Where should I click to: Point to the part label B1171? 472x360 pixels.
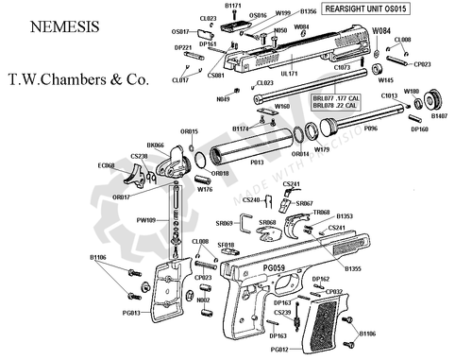(x=235, y=6)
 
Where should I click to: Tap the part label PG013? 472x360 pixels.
(x=130, y=313)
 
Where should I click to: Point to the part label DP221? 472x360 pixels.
(x=184, y=47)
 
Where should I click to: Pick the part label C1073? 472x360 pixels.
(x=343, y=68)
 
